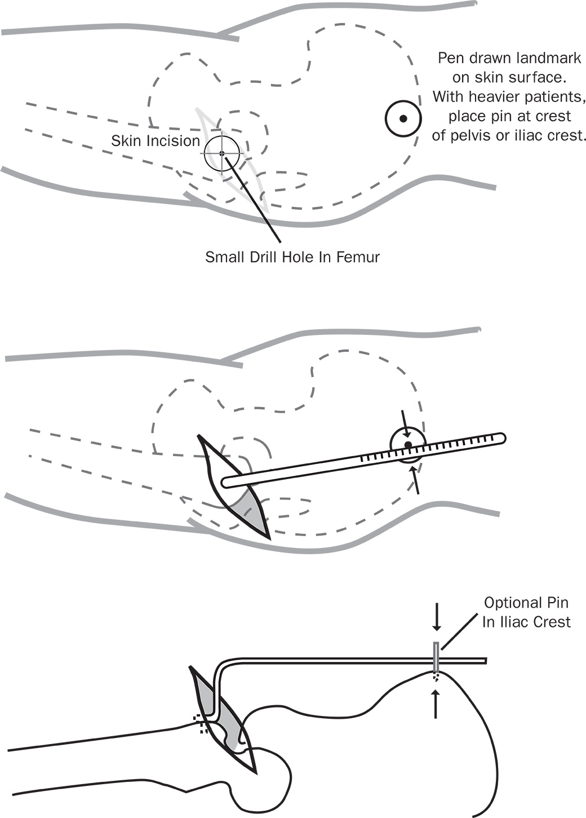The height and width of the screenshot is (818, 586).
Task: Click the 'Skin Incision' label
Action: point(156,141)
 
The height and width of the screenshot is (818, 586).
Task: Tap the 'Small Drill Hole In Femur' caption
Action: point(292,258)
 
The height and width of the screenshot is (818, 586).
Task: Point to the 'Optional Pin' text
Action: point(526,603)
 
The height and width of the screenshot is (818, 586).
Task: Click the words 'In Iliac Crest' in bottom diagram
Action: point(526,622)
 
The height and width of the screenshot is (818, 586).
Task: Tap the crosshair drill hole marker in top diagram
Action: point(222,153)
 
